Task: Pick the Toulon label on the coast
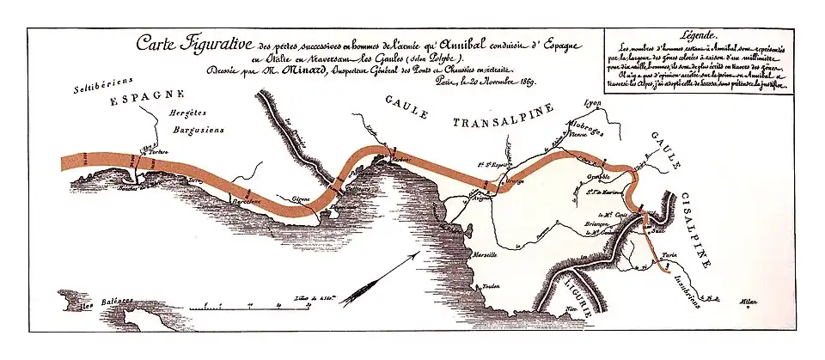click(x=491, y=286)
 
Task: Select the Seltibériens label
click(x=95, y=87)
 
